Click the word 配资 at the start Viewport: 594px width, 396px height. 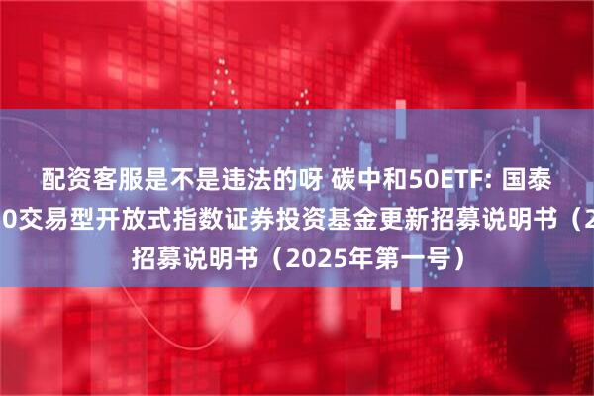coord(63,181)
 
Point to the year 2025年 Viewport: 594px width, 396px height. coord(302,259)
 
